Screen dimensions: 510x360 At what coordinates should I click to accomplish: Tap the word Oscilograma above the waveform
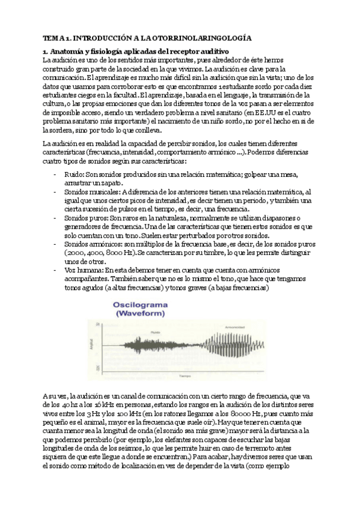pos(141,305)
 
